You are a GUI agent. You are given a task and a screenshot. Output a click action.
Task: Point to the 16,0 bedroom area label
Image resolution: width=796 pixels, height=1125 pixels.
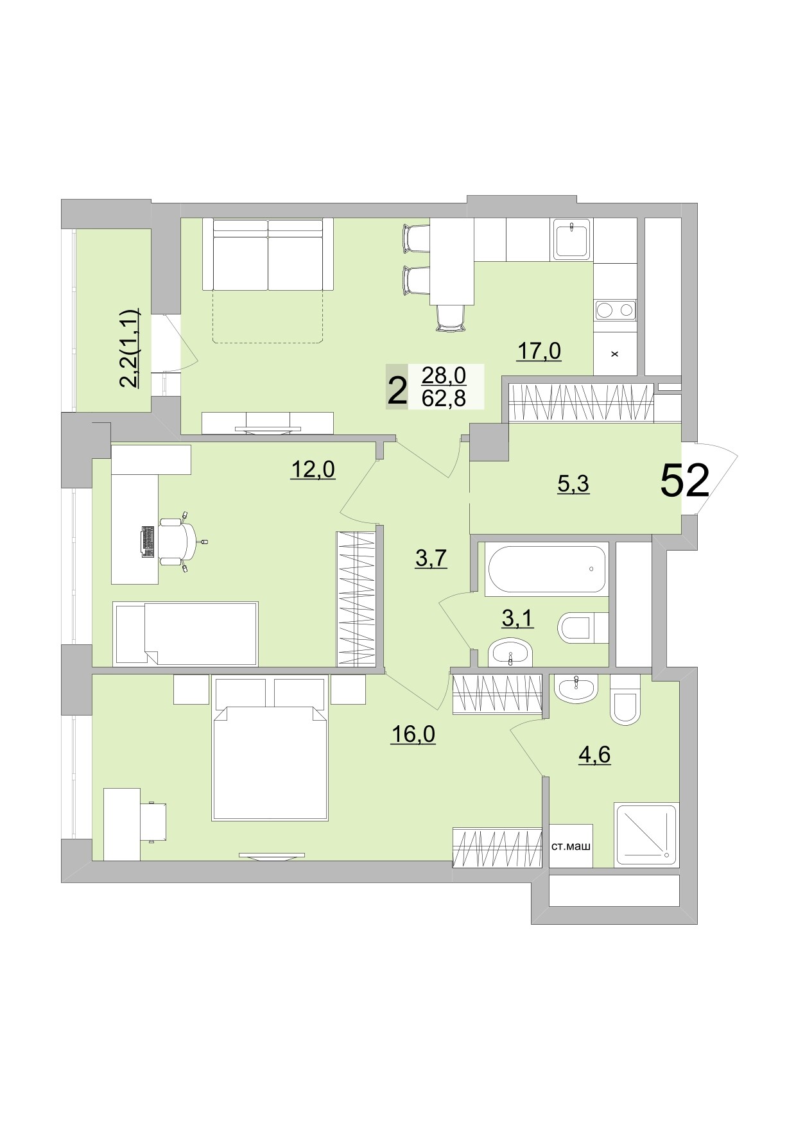click(413, 734)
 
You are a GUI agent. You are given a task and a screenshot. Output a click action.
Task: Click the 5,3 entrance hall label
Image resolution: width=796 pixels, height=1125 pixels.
click(573, 484)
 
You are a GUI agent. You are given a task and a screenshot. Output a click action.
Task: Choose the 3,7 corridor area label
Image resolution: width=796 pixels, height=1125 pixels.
click(431, 558)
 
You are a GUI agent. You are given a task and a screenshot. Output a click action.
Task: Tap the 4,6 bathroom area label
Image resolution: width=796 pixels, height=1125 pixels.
click(594, 755)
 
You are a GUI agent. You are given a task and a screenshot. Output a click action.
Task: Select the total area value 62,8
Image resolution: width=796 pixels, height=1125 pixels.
click(444, 399)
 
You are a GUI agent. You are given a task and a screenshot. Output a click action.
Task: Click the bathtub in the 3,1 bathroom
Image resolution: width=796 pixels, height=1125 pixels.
click(546, 569)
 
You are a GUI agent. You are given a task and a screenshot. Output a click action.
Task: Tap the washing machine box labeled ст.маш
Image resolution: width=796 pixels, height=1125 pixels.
click(571, 846)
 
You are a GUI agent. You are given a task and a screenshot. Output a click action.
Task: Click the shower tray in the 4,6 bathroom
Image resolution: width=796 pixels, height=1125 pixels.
click(645, 834)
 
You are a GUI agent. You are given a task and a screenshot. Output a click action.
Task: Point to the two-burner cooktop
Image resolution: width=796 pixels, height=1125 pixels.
click(615, 311)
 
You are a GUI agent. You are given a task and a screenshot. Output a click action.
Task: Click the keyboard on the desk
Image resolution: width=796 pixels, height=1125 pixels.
click(148, 541)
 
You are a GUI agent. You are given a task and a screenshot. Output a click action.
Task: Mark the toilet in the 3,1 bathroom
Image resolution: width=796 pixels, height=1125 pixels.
click(580, 627)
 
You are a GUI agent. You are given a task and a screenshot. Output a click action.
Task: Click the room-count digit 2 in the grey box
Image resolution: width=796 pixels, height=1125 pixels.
click(397, 390)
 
